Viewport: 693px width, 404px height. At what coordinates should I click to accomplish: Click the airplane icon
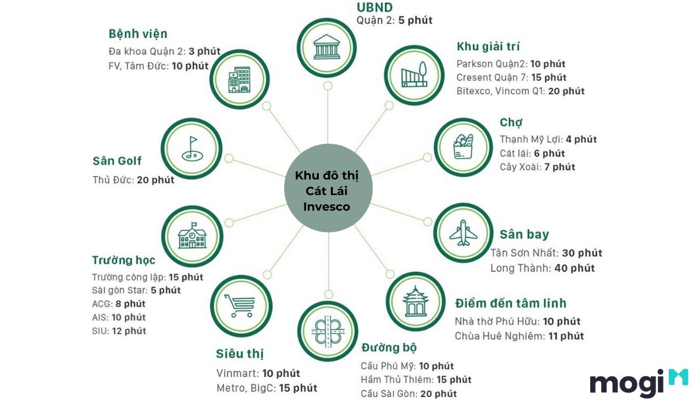tap(463, 233)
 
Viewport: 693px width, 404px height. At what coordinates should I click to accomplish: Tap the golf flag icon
tap(192, 149)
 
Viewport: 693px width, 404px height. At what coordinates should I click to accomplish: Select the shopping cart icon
tap(240, 306)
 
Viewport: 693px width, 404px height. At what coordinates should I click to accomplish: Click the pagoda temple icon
tap(415, 301)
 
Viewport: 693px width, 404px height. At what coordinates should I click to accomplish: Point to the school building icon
tap(192, 235)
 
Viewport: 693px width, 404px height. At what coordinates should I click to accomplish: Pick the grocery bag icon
tap(463, 147)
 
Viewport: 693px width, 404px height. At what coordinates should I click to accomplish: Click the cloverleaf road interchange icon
tap(328, 331)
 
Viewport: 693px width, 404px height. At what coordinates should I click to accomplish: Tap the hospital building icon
tap(239, 80)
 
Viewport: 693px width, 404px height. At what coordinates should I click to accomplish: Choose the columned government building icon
tap(327, 47)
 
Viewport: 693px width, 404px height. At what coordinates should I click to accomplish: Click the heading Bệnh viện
tap(138, 33)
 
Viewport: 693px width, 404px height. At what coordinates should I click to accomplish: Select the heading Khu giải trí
tap(488, 46)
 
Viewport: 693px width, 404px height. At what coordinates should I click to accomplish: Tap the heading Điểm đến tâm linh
tap(511, 303)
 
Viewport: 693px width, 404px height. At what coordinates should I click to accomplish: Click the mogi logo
tap(639, 383)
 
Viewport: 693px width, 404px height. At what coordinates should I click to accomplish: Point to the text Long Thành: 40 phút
tap(543, 268)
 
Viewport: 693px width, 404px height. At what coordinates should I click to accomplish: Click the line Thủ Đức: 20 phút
tap(133, 180)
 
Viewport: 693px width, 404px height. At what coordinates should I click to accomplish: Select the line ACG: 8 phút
tap(118, 304)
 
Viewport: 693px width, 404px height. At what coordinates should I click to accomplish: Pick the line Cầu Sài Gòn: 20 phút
tap(409, 394)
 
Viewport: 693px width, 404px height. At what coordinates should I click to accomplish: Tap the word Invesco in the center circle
tap(327, 207)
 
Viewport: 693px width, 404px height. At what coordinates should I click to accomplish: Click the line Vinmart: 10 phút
tap(258, 373)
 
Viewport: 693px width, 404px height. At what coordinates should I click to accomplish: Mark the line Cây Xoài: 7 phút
tap(538, 167)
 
